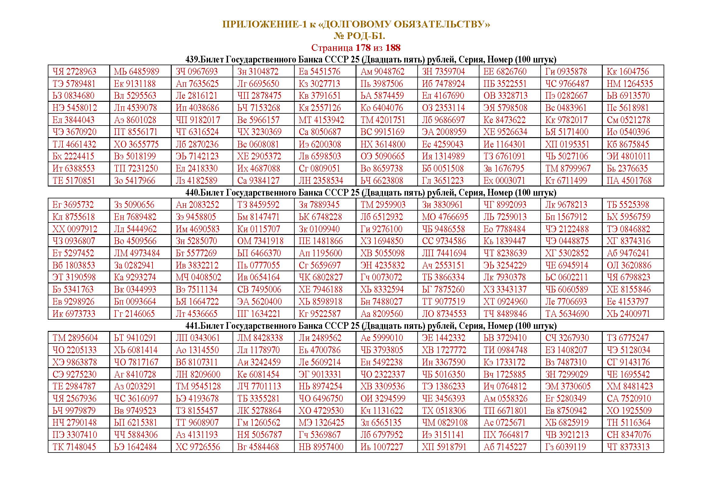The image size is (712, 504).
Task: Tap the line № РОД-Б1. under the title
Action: click(x=359, y=36)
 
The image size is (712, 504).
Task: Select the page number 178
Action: click(x=363, y=48)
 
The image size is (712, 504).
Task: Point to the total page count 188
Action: click(x=393, y=48)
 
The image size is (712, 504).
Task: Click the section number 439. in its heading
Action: click(x=193, y=60)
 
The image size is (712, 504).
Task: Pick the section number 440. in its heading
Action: click(x=193, y=193)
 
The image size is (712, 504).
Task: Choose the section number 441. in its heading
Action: click(x=193, y=326)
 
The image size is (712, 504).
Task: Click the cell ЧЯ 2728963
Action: click(x=74, y=72)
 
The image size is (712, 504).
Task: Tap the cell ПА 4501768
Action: click(x=629, y=181)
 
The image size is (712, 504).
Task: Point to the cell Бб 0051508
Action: click(x=443, y=169)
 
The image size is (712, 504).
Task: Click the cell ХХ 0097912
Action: click(x=75, y=229)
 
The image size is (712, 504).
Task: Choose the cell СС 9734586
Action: click(x=444, y=241)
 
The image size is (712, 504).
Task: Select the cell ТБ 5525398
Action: click(x=628, y=205)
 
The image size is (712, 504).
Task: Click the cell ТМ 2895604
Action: click(x=75, y=338)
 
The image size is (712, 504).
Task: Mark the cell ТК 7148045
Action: click(x=74, y=447)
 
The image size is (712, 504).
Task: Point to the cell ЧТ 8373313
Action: click(x=628, y=447)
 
